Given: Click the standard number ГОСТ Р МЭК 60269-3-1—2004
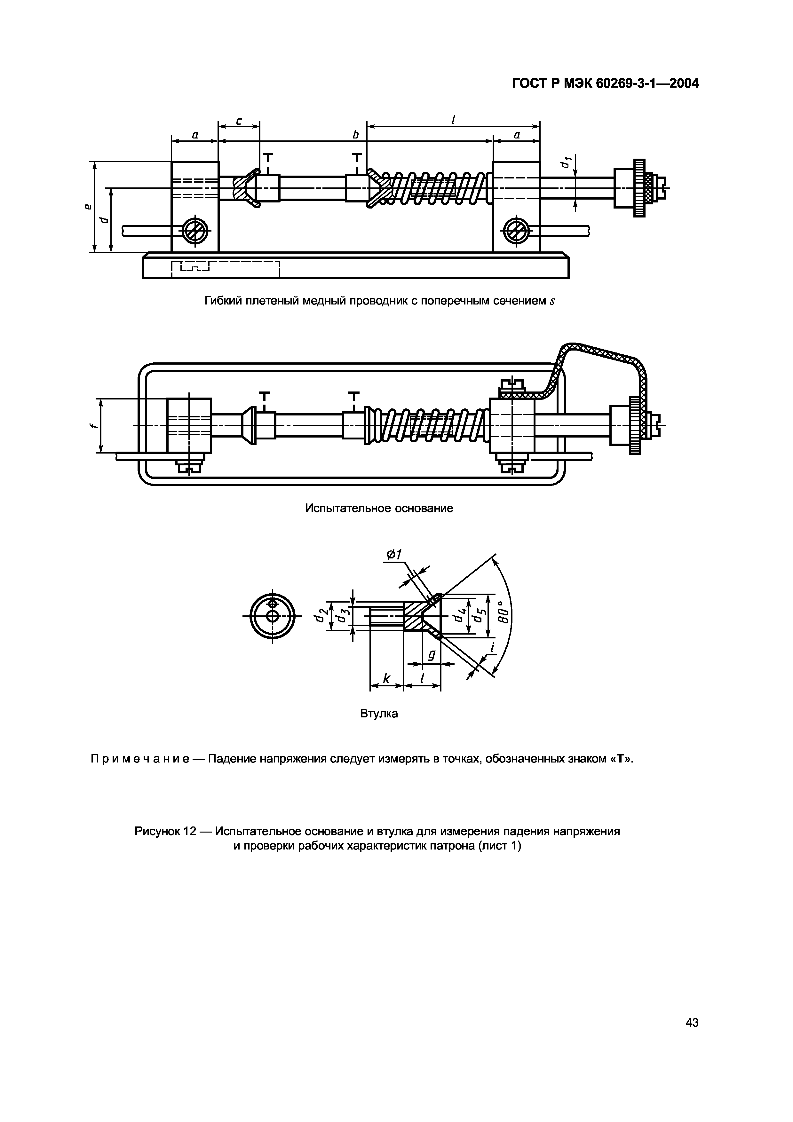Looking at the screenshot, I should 605,84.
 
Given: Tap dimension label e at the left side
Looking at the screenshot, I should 88,207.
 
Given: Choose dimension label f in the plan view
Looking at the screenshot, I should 93,425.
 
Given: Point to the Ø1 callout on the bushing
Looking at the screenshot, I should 394,555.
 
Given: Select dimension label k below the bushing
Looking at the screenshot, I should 386,678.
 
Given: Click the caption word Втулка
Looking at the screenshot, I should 379,714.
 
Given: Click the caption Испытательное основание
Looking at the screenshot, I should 379,508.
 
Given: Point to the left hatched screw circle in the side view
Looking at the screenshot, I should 195,230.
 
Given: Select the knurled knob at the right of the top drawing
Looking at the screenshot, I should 639,188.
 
